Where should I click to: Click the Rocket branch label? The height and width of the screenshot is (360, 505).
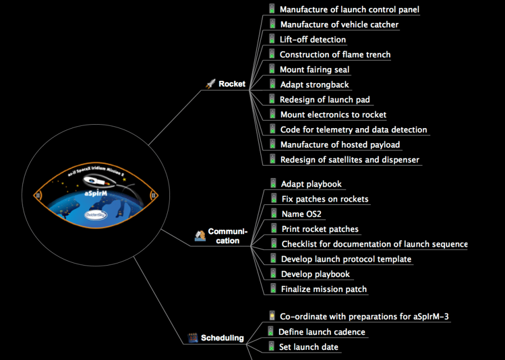coord(232,84)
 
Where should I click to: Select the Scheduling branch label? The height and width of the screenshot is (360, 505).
coord(222,338)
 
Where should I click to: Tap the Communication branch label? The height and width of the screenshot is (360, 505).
coord(227,236)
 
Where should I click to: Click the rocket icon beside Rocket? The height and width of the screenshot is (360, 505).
coord(210,84)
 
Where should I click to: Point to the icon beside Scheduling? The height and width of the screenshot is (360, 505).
coord(192,338)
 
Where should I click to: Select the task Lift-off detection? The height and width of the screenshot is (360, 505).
coord(313,39)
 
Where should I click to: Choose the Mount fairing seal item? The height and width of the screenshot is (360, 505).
coord(314,70)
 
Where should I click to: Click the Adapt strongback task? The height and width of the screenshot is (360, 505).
coord(314,84)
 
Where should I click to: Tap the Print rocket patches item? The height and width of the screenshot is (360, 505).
coord(320,229)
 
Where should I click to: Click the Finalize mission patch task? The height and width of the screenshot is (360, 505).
coord(324,289)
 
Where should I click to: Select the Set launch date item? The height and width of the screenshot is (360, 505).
coord(309,347)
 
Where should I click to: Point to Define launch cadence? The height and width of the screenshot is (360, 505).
coord(322,332)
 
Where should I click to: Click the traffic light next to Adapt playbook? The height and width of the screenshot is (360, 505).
coord(273,183)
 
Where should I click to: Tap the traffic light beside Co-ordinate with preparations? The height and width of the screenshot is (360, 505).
coord(272,316)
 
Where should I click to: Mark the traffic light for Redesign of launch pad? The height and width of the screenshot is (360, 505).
coord(272,99)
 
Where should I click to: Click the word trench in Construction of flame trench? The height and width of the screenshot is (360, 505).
coord(375,54)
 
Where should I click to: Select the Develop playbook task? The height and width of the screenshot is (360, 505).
coord(315,274)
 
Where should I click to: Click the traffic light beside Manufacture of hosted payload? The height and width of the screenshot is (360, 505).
coord(272,144)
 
